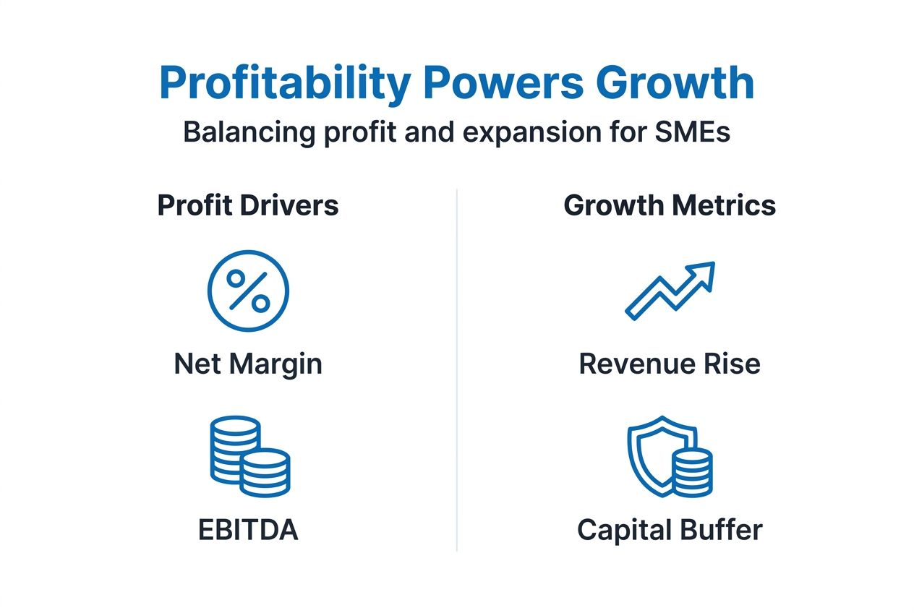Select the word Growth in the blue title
click(x=675, y=84)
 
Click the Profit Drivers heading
click(x=248, y=206)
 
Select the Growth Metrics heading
click(x=670, y=206)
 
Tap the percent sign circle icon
click(x=248, y=291)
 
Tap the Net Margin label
click(x=248, y=364)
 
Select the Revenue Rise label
click(x=670, y=364)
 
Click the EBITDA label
click(x=248, y=531)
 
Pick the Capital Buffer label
click(x=670, y=531)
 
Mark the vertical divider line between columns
click(x=457, y=369)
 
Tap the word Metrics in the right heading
click(x=724, y=206)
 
